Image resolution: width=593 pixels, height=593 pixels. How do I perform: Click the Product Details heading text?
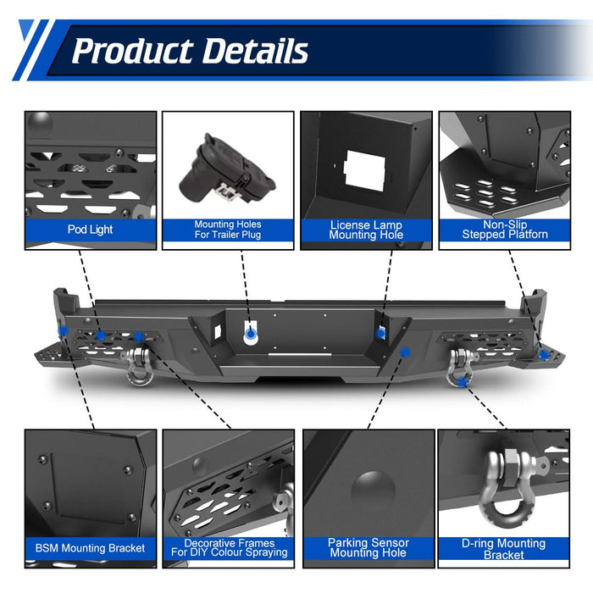(190, 51)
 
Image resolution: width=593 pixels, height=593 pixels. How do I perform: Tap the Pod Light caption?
(90, 230)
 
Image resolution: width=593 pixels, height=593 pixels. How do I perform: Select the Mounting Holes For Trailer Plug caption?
(228, 230)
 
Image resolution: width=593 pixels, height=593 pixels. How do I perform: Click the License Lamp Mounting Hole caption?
(366, 230)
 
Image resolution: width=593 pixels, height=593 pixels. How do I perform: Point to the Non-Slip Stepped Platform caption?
(505, 230)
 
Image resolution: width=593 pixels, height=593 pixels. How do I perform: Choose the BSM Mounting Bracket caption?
(90, 548)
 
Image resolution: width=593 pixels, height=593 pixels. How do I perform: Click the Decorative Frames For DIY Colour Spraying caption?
(230, 547)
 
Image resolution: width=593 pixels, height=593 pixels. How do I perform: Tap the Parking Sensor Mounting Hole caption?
(369, 547)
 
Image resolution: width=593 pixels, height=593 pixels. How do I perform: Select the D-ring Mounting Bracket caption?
(504, 549)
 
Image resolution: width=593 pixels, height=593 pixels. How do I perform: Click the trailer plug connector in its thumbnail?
(227, 169)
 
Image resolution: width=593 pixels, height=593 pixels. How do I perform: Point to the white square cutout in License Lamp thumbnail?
(365, 170)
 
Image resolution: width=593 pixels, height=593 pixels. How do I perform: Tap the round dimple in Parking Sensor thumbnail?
(374, 490)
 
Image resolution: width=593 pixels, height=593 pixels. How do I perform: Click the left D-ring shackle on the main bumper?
(137, 366)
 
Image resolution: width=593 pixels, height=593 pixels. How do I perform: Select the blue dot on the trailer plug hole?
(250, 334)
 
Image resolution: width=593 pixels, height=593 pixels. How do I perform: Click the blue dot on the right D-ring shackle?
(462, 383)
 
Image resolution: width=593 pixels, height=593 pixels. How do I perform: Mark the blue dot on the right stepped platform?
(544, 355)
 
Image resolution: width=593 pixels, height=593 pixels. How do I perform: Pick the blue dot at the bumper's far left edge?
(64, 331)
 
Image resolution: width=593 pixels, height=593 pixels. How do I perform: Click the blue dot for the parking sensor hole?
(405, 352)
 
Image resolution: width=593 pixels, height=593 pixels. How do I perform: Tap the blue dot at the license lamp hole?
(380, 334)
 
